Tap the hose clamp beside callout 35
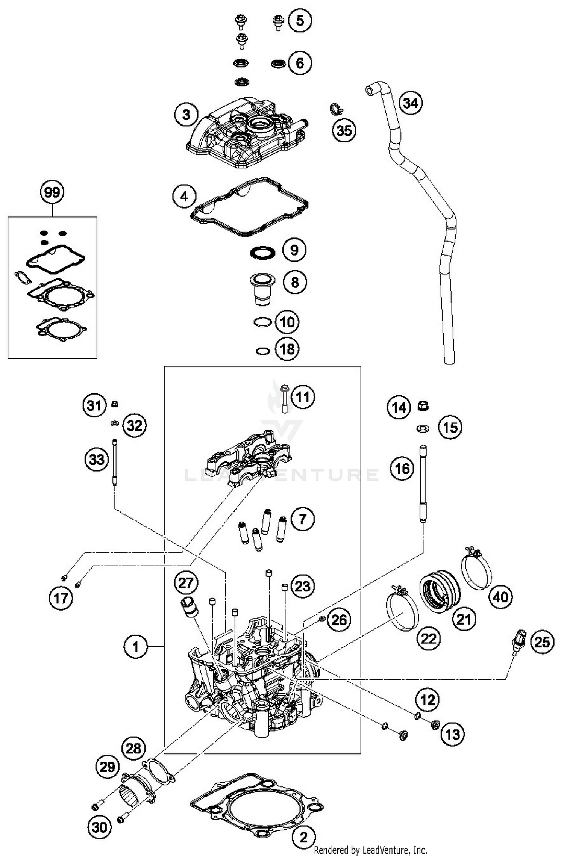coord(336,109)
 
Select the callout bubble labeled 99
coord(52,192)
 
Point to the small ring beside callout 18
coord(262,351)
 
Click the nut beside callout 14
coord(423,406)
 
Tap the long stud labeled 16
coord(423,483)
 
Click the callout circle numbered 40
coord(500,597)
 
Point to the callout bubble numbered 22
coord(429,638)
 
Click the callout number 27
coord(186,583)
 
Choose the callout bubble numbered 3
coord(186,115)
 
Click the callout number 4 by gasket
coord(184,196)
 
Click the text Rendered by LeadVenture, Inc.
coord(370,850)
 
